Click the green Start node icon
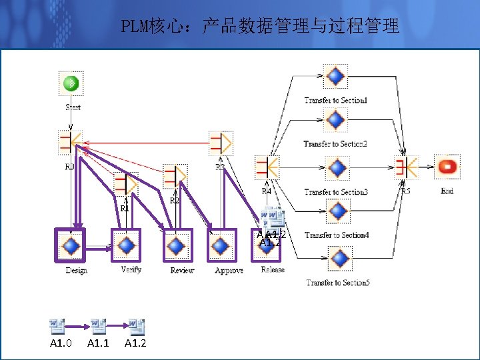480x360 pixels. [x=71, y=83]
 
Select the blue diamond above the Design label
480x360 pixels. [x=71, y=245]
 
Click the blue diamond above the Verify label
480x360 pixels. [x=126, y=245]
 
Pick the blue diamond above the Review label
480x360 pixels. [x=176, y=246]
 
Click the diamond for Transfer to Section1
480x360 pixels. [x=335, y=76]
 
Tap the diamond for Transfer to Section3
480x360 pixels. [x=337, y=167]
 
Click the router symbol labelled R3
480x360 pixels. [x=220, y=143]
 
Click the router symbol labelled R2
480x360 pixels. [x=175, y=177]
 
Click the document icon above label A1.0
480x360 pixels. [x=57, y=326]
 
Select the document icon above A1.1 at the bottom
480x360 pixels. [x=98, y=326]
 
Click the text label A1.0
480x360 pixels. [x=61, y=343]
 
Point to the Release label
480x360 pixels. [x=273, y=270]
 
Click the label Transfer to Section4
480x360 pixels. [x=337, y=235]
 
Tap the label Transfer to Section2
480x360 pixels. [x=335, y=144]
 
